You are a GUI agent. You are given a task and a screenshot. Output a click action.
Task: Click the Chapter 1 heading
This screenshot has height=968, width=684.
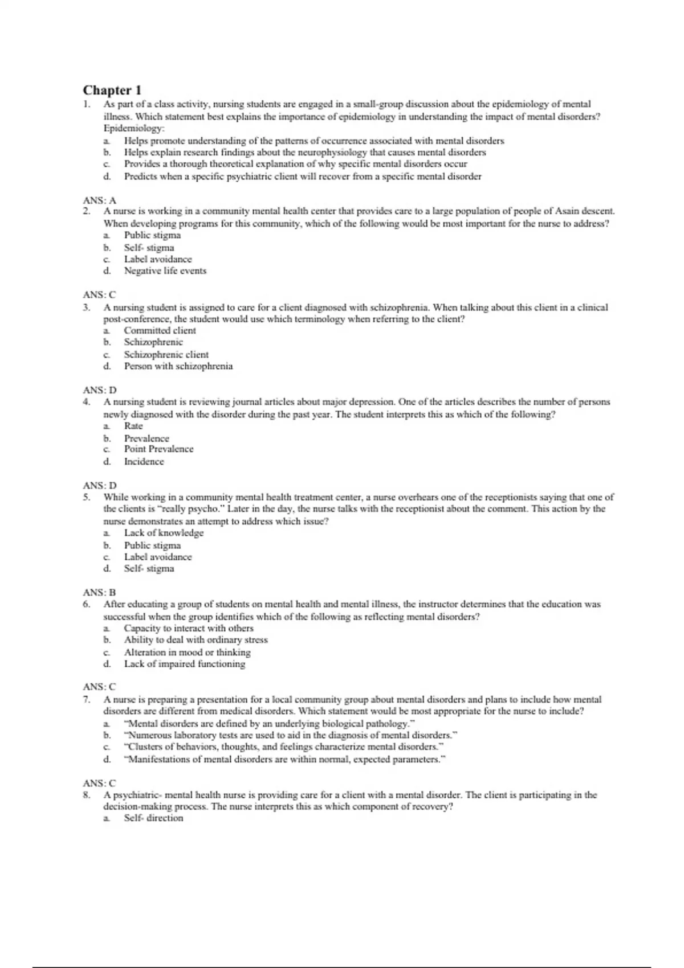tap(112, 90)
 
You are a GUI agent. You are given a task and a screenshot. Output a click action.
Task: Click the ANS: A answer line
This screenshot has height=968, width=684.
tap(99, 200)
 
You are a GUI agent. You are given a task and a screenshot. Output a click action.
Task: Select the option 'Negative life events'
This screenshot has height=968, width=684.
tap(165, 271)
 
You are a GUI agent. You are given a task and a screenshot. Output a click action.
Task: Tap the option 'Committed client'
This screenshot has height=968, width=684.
tap(160, 330)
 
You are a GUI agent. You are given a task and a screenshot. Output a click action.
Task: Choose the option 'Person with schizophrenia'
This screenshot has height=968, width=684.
tap(178, 366)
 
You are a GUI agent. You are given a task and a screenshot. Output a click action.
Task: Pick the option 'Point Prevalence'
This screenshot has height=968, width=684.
tap(158, 449)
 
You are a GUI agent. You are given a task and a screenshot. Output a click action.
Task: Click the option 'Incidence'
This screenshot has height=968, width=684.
tap(144, 462)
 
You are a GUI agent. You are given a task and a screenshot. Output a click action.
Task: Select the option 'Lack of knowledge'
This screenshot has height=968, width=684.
tap(164, 533)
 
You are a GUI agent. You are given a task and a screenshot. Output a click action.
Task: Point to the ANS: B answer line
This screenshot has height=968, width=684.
tap(99, 592)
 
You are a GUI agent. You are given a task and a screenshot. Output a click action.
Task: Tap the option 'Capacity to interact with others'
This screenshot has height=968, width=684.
tap(188, 628)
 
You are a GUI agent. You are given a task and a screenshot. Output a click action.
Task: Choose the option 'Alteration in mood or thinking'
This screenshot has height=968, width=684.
tap(187, 653)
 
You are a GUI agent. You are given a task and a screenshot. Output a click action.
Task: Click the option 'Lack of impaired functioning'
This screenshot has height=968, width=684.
tap(184, 664)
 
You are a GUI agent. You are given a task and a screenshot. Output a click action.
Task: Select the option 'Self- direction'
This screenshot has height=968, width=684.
tap(153, 818)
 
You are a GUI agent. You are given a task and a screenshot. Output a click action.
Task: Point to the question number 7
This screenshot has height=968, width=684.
tap(87, 699)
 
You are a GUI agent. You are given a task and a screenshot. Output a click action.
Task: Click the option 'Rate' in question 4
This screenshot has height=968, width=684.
tap(133, 426)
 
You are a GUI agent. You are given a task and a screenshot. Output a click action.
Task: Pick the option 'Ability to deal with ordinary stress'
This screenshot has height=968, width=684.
tap(196, 640)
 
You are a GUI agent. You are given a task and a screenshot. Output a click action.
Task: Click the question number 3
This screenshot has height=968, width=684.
tap(87, 307)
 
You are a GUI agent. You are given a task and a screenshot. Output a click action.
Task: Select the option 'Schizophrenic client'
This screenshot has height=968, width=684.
tap(166, 354)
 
